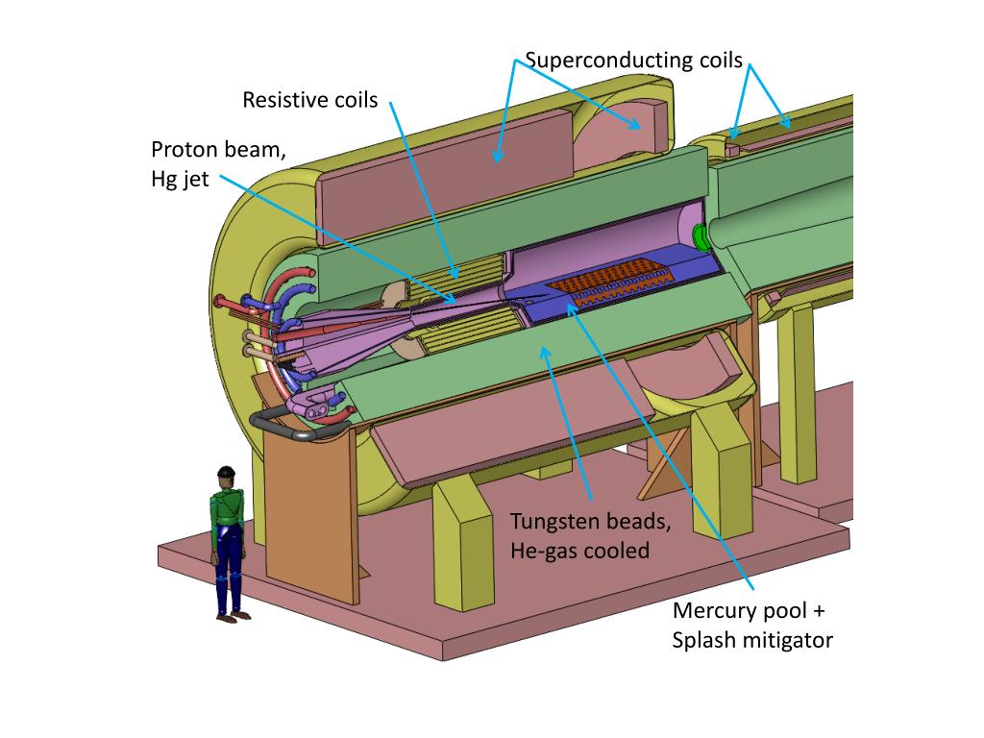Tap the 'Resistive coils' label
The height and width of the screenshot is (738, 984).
click(309, 100)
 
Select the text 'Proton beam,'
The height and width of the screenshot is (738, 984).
click(218, 151)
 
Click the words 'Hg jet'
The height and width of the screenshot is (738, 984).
click(180, 179)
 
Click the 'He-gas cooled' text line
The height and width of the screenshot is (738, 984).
click(579, 551)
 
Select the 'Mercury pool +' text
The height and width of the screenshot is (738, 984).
click(749, 611)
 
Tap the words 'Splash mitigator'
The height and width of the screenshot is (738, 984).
click(752, 640)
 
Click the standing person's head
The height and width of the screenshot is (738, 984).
click(226, 475)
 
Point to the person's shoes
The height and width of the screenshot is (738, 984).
click(227, 618)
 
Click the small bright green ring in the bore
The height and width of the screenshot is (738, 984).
click(700, 234)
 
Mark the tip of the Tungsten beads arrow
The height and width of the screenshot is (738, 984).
click(545, 351)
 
